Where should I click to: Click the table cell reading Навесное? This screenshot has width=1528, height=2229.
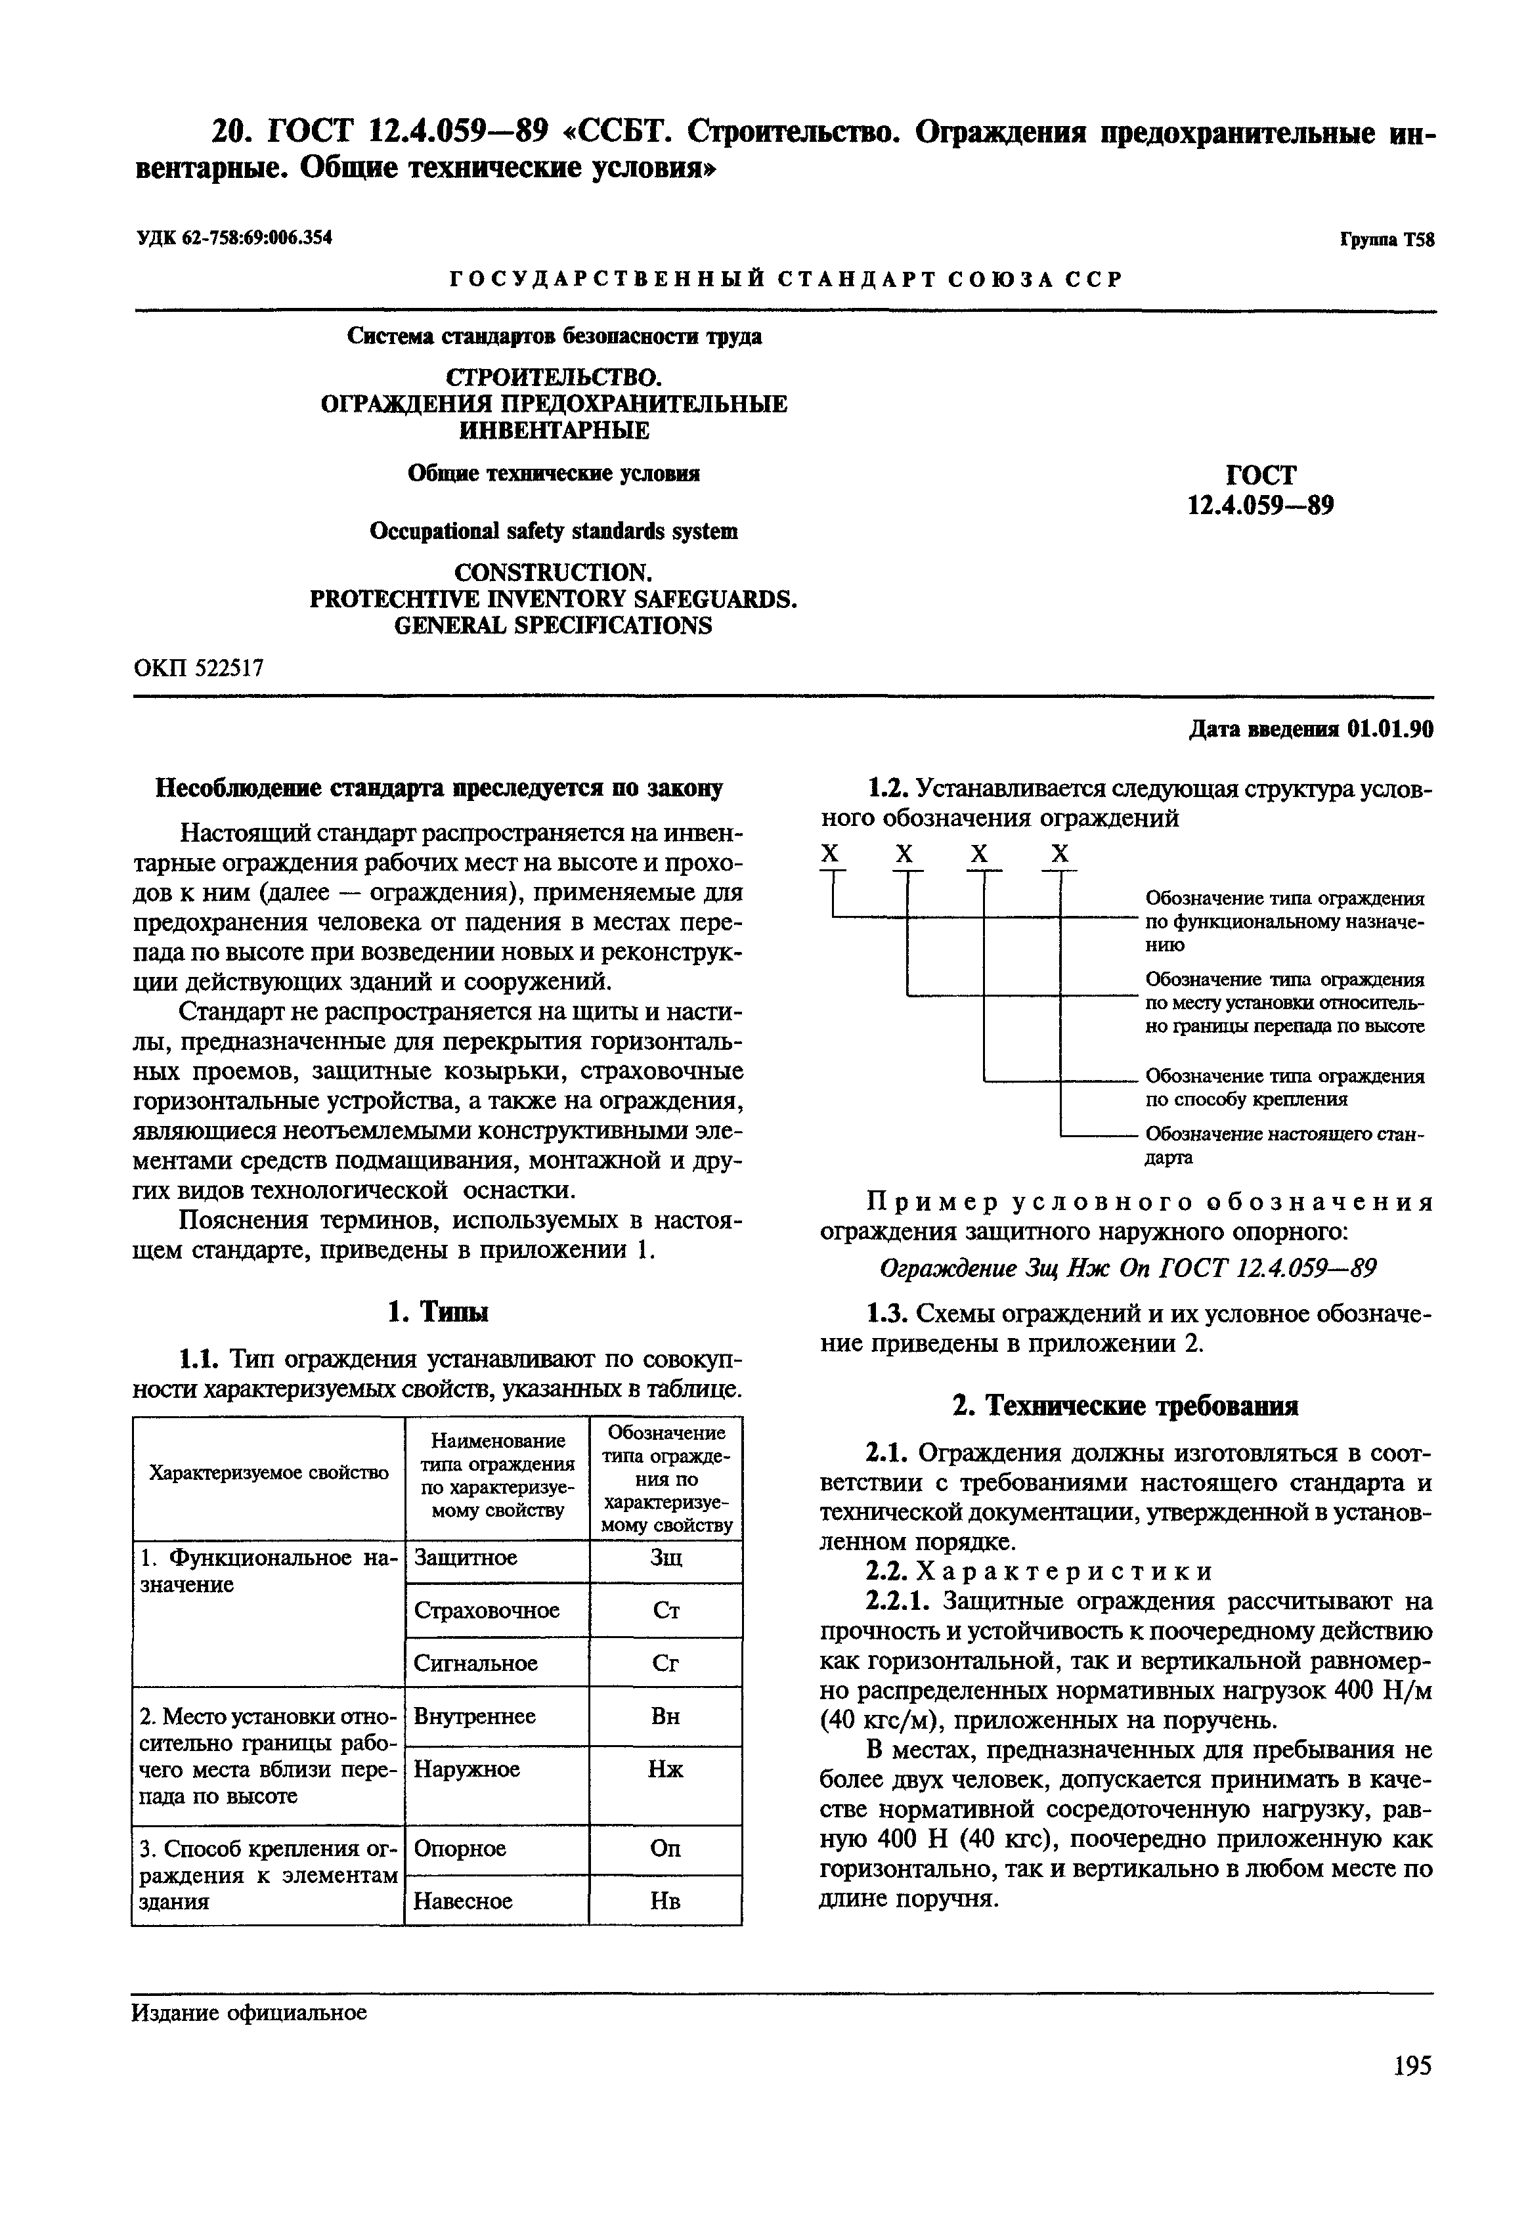(464, 1901)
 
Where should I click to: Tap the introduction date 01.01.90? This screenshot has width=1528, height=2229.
(1389, 730)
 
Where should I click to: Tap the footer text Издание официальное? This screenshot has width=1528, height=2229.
(250, 2012)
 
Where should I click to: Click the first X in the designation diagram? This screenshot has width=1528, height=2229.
(831, 854)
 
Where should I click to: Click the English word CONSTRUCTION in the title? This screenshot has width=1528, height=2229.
(554, 573)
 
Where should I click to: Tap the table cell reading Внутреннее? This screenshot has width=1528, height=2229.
(475, 1716)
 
